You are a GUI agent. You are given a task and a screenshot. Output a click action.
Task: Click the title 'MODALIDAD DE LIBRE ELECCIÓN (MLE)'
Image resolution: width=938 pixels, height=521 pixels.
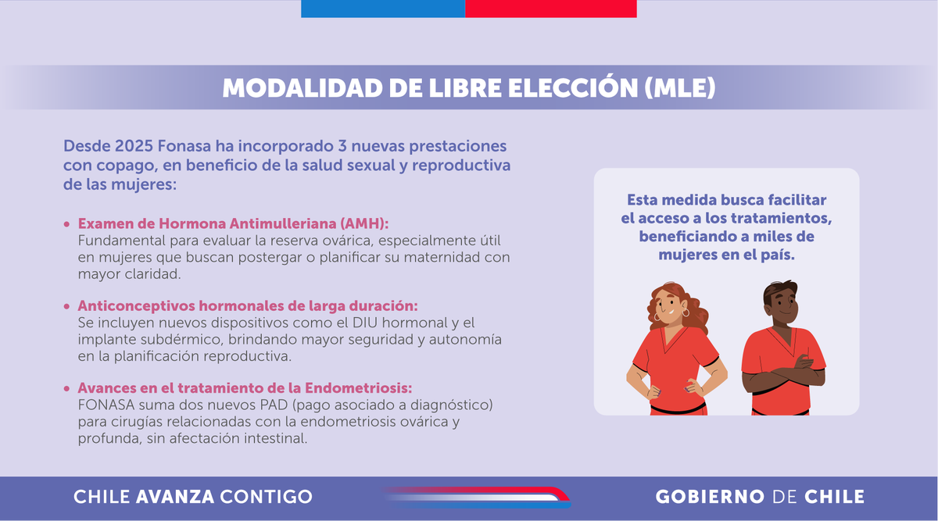(469, 87)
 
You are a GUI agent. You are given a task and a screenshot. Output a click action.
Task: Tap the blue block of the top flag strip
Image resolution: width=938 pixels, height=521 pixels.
(383, 9)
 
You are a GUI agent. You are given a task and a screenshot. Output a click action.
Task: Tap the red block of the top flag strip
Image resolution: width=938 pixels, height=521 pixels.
(551, 9)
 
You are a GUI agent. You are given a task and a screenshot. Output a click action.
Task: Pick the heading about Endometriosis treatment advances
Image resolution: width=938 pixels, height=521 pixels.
(245, 388)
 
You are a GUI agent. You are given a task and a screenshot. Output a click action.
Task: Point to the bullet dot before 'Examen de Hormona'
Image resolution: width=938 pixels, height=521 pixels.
(67, 223)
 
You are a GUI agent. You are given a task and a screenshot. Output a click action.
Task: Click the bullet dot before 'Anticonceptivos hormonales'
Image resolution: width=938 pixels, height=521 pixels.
(67, 306)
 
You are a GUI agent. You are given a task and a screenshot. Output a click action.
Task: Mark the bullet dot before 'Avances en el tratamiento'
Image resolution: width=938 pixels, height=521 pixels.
(67, 389)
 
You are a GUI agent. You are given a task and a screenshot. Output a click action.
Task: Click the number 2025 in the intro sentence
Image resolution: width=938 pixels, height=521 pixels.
(134, 146)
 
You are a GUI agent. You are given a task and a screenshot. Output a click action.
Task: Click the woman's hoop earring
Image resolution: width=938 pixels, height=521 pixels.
(686, 313)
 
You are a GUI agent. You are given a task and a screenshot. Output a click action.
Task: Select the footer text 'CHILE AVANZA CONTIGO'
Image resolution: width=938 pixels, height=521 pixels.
(193, 497)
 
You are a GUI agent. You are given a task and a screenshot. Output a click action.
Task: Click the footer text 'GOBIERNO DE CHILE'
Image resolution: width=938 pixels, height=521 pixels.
(760, 497)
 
